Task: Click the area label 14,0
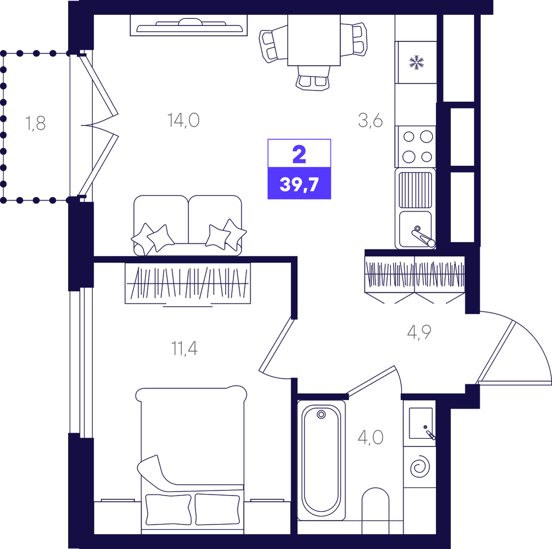click(x=183, y=120)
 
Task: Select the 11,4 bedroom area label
click(x=184, y=348)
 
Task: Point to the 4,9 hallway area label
click(x=419, y=332)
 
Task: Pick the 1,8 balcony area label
click(x=35, y=124)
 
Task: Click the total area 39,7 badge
click(x=299, y=184)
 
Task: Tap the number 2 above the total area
click(x=299, y=155)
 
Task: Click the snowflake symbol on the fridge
click(x=417, y=62)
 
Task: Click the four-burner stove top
click(x=416, y=147)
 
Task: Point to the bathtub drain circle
click(x=321, y=415)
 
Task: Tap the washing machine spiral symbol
click(x=420, y=468)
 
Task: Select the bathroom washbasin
click(x=421, y=423)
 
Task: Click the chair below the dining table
click(x=313, y=78)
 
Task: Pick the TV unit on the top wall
click(x=189, y=25)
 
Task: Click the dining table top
click(x=314, y=40)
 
